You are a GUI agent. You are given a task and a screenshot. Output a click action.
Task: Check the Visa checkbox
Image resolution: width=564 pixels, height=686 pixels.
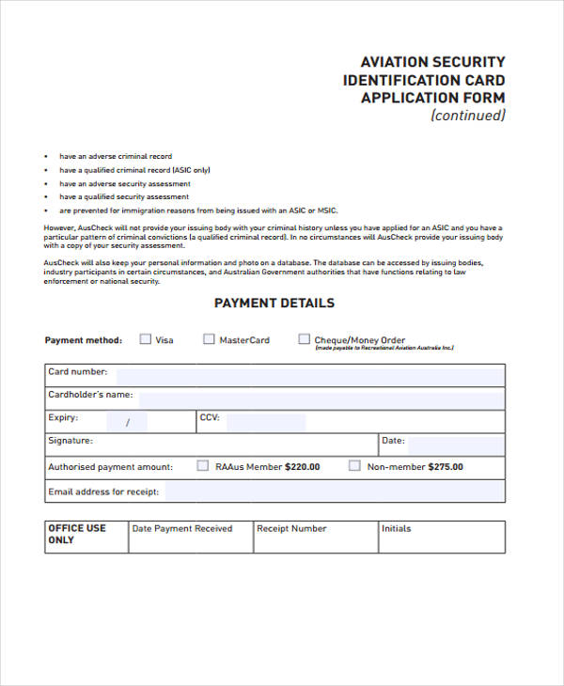[x=145, y=339]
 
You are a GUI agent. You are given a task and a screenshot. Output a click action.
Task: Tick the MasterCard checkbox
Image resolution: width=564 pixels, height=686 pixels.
[x=209, y=339]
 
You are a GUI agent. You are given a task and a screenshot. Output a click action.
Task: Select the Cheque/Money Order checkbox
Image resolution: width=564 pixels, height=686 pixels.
[x=304, y=339]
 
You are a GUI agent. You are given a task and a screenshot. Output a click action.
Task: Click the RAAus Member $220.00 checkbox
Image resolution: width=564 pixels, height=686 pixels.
[x=203, y=465]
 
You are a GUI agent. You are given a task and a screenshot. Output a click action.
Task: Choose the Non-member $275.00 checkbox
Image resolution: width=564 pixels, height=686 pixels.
[x=354, y=465]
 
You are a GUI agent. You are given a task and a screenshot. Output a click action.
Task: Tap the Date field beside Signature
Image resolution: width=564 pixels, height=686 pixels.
[x=455, y=444]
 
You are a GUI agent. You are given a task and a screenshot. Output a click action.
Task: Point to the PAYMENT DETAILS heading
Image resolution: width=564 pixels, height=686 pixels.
[x=274, y=303]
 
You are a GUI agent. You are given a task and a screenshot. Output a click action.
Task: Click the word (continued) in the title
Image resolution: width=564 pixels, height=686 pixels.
[x=467, y=116]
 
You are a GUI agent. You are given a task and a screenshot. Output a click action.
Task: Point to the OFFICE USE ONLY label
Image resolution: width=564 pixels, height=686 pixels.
[x=77, y=534]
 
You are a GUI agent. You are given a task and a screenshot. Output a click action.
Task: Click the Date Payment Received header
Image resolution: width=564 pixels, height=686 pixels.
[x=182, y=529]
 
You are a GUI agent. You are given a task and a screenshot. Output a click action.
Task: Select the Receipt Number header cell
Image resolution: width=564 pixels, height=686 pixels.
[x=291, y=529]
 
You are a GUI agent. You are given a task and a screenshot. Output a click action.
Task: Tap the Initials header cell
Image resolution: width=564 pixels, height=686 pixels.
[x=397, y=529]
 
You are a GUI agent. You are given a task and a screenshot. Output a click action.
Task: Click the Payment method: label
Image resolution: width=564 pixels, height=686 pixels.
[x=84, y=340]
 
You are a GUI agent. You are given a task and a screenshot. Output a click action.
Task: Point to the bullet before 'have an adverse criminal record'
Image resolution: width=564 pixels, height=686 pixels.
[x=47, y=157]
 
